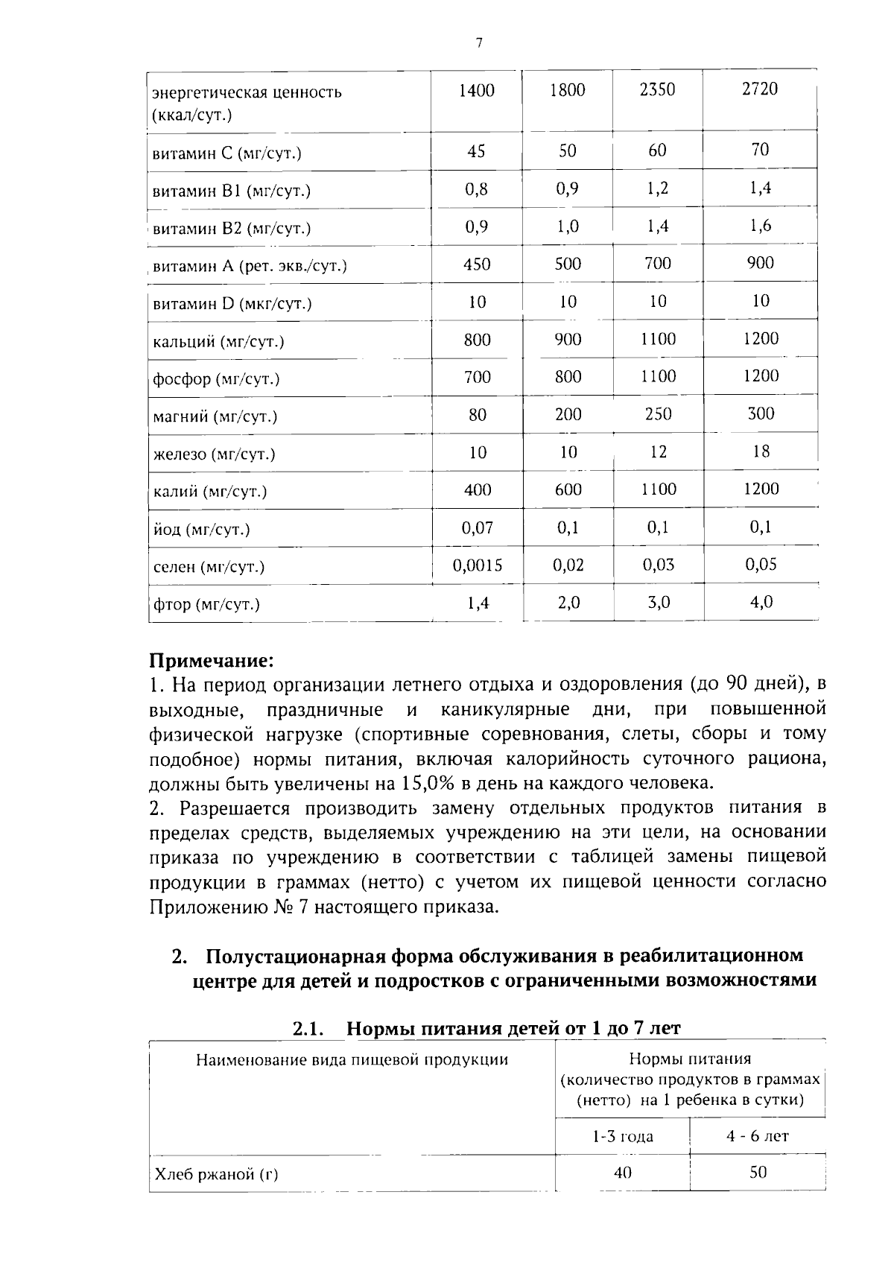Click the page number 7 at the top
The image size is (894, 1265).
point(479,43)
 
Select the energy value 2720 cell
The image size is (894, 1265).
point(759,89)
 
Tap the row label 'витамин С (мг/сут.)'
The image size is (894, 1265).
point(226,153)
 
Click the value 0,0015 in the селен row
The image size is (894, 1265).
point(478,565)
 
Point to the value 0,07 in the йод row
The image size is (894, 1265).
point(478,527)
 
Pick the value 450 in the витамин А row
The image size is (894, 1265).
point(477,264)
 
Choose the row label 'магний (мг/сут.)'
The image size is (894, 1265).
point(215,416)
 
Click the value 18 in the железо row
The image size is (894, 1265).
point(760,451)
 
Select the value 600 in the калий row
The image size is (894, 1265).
point(568,489)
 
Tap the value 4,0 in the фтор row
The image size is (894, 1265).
point(760,602)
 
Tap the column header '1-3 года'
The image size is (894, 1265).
point(622,1136)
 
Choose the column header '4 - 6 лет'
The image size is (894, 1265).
point(757,1136)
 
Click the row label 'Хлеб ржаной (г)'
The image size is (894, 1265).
point(215,1175)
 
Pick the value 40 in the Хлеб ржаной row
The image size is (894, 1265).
point(622,1173)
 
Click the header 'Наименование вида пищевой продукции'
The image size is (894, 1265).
point(352,1059)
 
